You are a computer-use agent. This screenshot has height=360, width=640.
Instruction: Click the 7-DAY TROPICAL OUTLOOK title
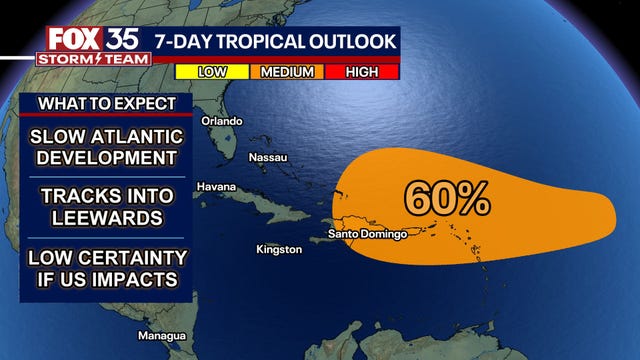[275, 41]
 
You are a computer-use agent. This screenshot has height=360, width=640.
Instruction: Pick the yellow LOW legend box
[212, 71]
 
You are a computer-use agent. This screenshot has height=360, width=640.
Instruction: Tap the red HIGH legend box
[362, 71]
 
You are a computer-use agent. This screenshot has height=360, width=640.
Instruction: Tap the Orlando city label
[222, 121]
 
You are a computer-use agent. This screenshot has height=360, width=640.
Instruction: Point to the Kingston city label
[279, 249]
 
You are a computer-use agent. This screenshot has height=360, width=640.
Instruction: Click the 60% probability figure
[447, 198]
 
